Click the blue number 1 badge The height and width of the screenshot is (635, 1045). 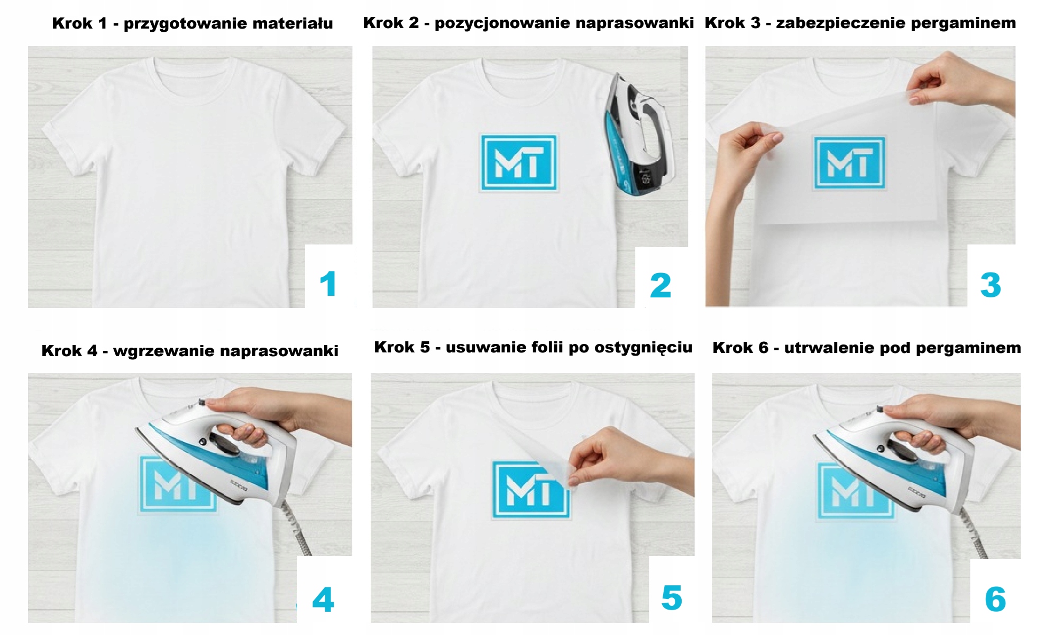(x=328, y=284)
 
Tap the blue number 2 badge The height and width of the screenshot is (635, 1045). (x=661, y=285)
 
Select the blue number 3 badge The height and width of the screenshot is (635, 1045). (x=991, y=285)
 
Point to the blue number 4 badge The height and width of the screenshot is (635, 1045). (x=323, y=600)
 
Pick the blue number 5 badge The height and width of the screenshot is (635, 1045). (x=672, y=598)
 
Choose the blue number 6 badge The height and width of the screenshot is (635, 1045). (x=995, y=600)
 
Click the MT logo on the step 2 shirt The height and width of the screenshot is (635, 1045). (x=519, y=162)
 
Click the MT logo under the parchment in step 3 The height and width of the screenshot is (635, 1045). (x=849, y=163)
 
